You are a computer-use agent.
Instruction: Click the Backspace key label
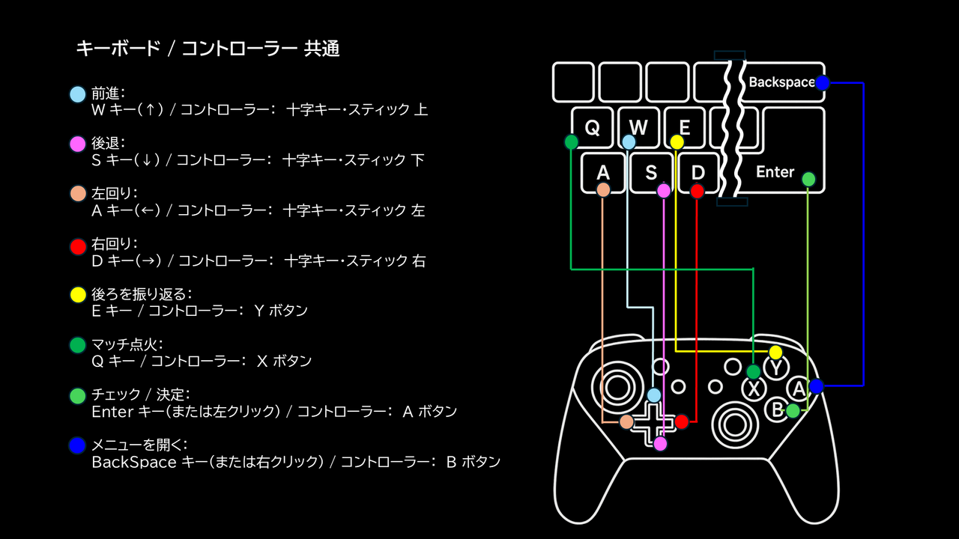(x=781, y=82)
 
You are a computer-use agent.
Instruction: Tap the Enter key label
(x=775, y=172)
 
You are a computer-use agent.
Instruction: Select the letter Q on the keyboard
(x=592, y=128)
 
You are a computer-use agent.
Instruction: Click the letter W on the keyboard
(x=638, y=127)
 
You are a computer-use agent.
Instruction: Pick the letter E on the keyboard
(x=684, y=127)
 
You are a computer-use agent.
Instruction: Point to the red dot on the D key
(x=698, y=191)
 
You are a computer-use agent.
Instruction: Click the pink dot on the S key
(x=664, y=191)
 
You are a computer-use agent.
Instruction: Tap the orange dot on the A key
(x=603, y=190)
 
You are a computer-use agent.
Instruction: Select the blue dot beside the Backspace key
(x=822, y=83)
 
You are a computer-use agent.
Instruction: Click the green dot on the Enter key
(x=808, y=179)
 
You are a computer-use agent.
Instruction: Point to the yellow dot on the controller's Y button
(x=775, y=352)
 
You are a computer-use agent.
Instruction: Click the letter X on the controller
(x=754, y=389)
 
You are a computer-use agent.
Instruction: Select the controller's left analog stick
(x=617, y=388)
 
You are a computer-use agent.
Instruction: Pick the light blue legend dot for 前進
(x=77, y=94)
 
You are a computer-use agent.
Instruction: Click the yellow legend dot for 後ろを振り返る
(x=77, y=295)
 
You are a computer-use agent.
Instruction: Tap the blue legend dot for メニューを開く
(x=77, y=446)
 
